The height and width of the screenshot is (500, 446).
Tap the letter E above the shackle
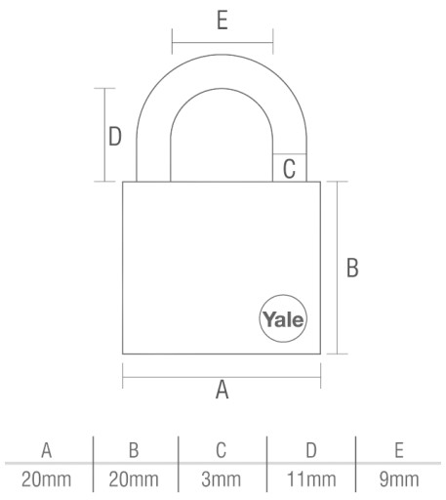coord(223,21)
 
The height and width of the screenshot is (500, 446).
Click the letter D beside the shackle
coord(115,137)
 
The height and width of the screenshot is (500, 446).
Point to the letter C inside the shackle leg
coord(289,169)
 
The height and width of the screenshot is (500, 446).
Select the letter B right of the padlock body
coord(352,268)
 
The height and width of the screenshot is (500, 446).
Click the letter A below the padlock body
coord(223,390)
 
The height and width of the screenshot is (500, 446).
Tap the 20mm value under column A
coord(46,479)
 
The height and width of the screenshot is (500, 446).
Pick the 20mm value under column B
coord(134,479)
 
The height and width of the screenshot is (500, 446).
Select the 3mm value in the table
coord(222,479)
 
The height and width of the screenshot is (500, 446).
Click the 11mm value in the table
coord(311,479)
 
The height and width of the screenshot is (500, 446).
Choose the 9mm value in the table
coord(399,479)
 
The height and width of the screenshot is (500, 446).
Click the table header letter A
coord(47,450)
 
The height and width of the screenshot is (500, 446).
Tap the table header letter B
coord(134,450)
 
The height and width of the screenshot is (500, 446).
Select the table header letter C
coord(222,450)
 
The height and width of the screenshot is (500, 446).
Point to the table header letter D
coord(311,450)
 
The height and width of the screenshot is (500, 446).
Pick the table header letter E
coord(399,450)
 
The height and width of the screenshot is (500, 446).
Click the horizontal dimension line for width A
coord(222,377)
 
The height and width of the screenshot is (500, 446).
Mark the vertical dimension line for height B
coord(338,268)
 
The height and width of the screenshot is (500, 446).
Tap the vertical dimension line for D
coord(104,135)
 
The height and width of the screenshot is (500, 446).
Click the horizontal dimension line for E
coord(223,42)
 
